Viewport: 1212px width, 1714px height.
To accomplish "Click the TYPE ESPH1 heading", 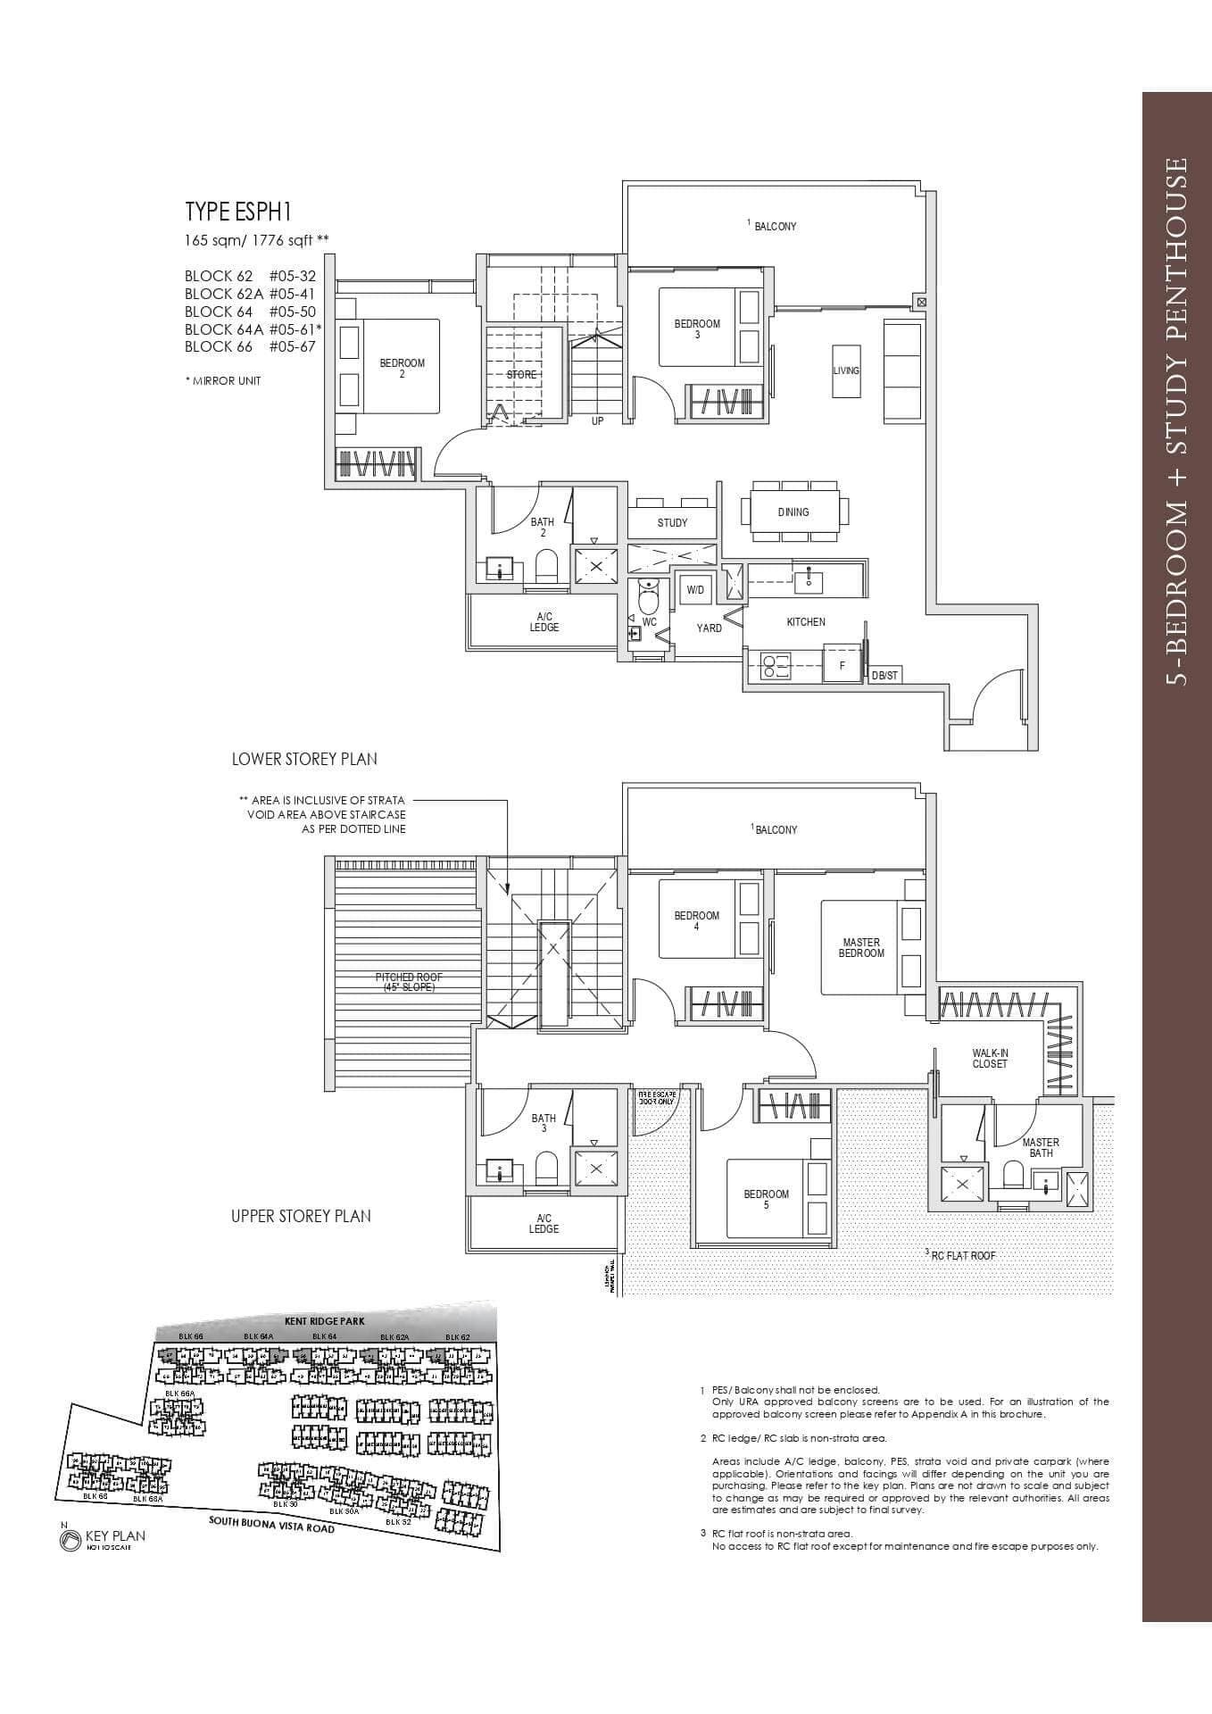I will [x=238, y=212].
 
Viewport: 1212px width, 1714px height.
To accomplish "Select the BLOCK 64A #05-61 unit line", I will [x=253, y=329].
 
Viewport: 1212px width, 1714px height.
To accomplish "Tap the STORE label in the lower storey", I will [x=521, y=375].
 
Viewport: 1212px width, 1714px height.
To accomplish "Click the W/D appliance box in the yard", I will [x=694, y=590].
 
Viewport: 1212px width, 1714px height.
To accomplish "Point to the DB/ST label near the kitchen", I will [x=884, y=676].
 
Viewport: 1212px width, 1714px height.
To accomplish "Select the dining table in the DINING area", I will [x=793, y=512].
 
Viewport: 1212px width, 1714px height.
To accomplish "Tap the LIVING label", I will [x=846, y=370].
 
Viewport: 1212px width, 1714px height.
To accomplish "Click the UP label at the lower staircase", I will [x=597, y=420].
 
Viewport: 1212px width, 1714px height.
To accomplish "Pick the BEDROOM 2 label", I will [x=402, y=368].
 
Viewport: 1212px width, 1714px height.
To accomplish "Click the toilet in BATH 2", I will [x=545, y=566].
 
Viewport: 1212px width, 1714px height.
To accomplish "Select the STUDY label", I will [x=672, y=523].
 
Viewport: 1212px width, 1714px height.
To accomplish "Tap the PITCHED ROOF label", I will [x=408, y=982].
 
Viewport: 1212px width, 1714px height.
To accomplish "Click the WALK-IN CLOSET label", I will [x=990, y=1059].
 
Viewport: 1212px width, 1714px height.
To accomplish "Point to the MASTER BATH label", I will [x=1040, y=1147].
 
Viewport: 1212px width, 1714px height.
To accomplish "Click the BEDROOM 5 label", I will [x=766, y=1199].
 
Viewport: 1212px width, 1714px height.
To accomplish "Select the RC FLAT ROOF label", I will [x=962, y=1255].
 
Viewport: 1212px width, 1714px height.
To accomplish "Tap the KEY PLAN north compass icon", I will [x=70, y=1540].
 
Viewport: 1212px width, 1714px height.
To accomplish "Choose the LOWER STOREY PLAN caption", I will [x=304, y=759].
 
